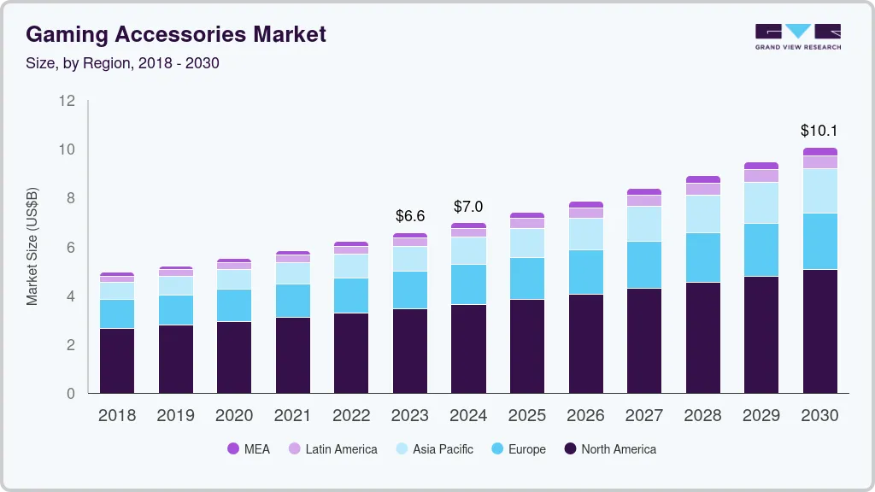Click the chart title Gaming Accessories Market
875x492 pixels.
click(176, 35)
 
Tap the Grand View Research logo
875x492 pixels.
click(797, 37)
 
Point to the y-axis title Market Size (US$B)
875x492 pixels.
click(32, 247)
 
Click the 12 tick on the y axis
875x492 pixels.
click(68, 101)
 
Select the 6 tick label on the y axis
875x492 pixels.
click(71, 248)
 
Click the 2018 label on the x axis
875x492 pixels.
click(117, 416)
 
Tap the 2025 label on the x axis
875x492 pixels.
click(527, 416)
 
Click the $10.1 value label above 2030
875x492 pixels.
click(819, 131)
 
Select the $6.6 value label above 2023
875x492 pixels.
click(410, 216)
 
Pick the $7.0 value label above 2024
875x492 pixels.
click(468, 207)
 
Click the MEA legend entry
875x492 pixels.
click(249, 449)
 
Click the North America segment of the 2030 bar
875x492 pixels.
click(819, 331)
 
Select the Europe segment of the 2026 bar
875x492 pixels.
click(585, 272)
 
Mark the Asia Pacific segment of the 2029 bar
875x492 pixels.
click(760, 203)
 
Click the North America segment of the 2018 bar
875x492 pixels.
click(117, 360)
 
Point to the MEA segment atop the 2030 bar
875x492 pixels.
click(819, 152)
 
